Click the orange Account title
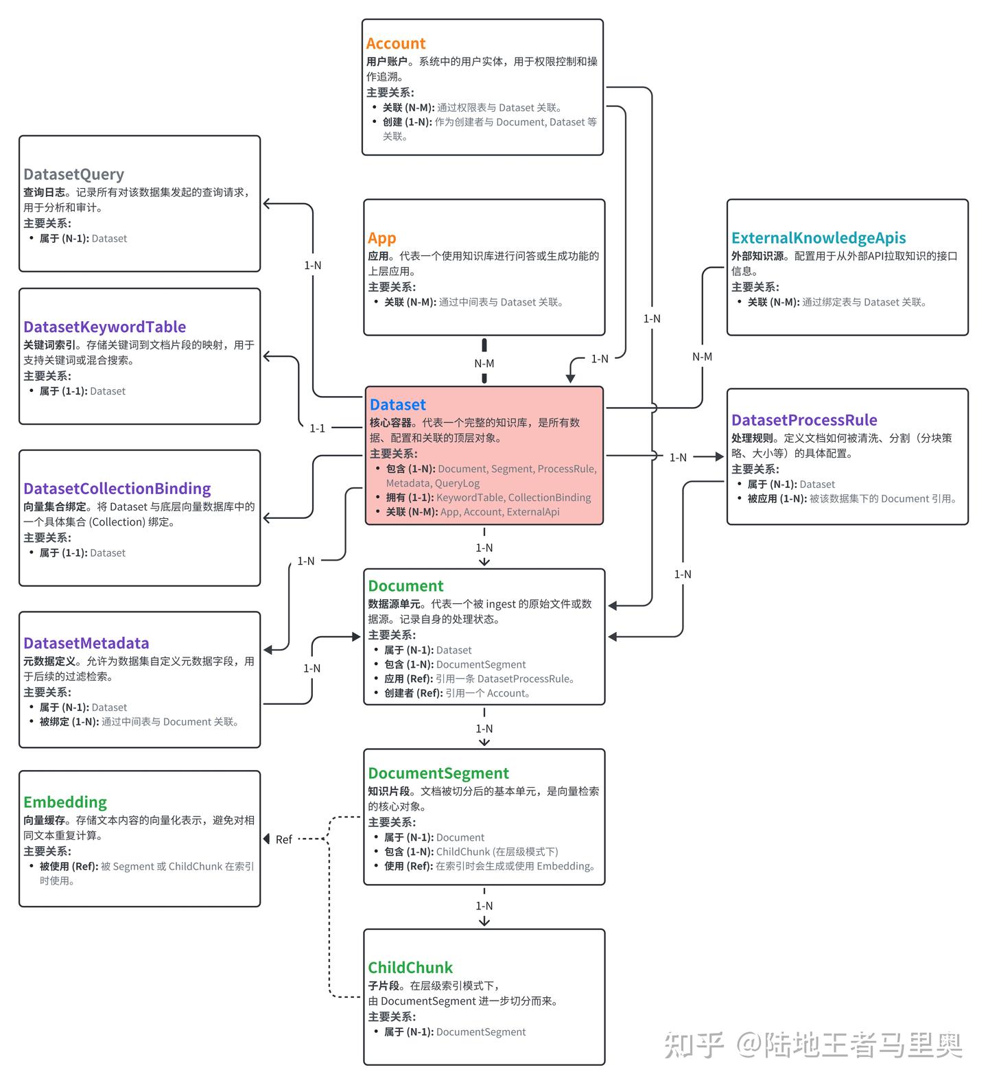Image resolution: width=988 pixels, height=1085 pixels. pos(395,43)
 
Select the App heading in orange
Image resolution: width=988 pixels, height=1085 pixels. pos(381,238)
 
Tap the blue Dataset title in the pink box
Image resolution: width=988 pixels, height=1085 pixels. pos(397,405)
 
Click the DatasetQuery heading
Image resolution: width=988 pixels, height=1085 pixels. pos(73,174)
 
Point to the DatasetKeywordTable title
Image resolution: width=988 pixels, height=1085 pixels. pos(104,327)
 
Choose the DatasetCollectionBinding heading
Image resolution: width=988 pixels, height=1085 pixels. pos(117,489)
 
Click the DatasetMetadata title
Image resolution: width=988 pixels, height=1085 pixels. pos(86,643)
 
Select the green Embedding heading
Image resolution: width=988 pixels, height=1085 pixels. pos(64,802)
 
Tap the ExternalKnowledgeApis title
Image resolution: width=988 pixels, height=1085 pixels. pos(818,238)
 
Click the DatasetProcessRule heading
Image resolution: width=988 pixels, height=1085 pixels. pos(803,420)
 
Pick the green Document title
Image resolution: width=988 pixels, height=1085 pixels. pos(405,586)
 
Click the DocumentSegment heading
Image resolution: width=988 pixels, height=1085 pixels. pos(438,773)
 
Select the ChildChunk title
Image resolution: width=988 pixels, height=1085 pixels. pos(410,968)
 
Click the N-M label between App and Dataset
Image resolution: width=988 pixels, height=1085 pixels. pos(484,364)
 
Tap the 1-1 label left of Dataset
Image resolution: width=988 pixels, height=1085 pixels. pos(317,428)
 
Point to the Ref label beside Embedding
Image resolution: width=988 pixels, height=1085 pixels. pos(283,839)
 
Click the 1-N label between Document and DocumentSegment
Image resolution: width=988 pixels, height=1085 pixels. pos(484,729)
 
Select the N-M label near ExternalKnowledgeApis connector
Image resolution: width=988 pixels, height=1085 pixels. pos(702,357)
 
